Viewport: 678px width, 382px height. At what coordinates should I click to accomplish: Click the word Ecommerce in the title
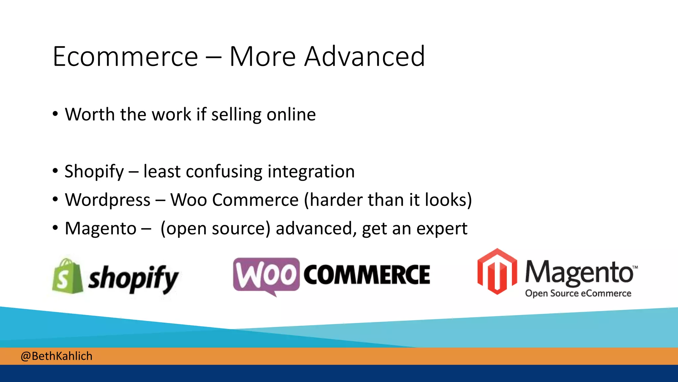[x=125, y=57]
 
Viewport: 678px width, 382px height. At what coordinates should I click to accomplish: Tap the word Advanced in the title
[x=364, y=57]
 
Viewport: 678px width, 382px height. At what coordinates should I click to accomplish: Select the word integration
[x=311, y=171]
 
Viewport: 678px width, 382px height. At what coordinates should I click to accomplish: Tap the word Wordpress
[x=108, y=200]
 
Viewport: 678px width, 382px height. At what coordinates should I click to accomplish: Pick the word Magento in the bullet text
[x=101, y=229]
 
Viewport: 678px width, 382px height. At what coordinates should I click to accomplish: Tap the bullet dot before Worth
[x=55, y=114]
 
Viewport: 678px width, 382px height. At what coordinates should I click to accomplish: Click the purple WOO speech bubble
[x=266, y=275]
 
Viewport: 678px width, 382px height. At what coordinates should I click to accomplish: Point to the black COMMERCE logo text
[x=367, y=275]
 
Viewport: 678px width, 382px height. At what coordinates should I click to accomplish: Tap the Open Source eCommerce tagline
[x=578, y=293]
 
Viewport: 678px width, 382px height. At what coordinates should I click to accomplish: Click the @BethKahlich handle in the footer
[x=56, y=356]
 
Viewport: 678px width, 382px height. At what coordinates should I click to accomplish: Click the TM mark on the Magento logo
[x=635, y=267]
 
